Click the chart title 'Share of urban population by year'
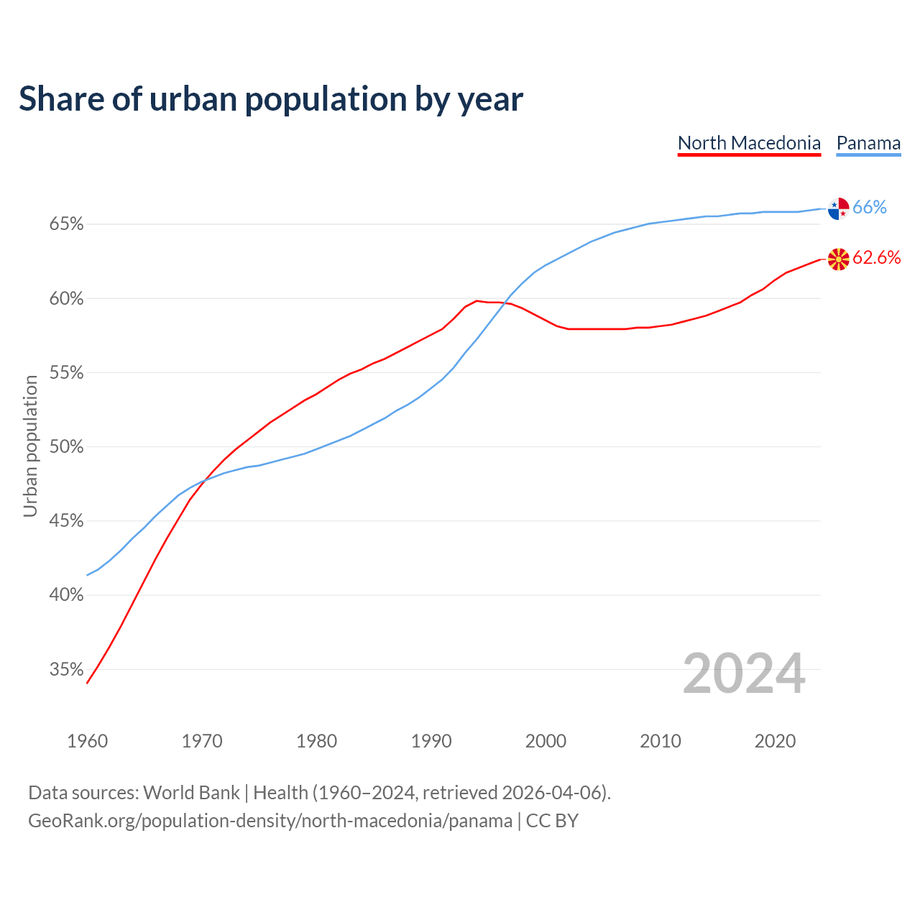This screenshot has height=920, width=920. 271,99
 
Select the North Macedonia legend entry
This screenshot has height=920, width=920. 749,143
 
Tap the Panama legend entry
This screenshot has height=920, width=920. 868,143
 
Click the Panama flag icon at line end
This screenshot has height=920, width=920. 839,208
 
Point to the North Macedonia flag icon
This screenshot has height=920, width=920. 839,259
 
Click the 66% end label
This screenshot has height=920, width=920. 870,208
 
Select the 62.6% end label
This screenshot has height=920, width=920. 877,258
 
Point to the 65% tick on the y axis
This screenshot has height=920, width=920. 67,224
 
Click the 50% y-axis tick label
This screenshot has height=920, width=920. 67,447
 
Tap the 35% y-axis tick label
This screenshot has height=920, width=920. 67,670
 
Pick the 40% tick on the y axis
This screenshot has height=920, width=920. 67,595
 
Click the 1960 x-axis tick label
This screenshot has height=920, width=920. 88,741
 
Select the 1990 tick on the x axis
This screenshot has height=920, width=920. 431,741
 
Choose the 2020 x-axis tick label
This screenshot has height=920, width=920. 775,741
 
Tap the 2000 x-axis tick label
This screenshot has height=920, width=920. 546,741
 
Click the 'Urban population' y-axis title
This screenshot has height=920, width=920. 30,446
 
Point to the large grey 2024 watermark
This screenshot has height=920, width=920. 744,673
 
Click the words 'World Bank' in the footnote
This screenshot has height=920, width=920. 191,793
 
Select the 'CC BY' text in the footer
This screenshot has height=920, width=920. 552,821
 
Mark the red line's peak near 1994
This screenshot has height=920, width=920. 477,300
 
